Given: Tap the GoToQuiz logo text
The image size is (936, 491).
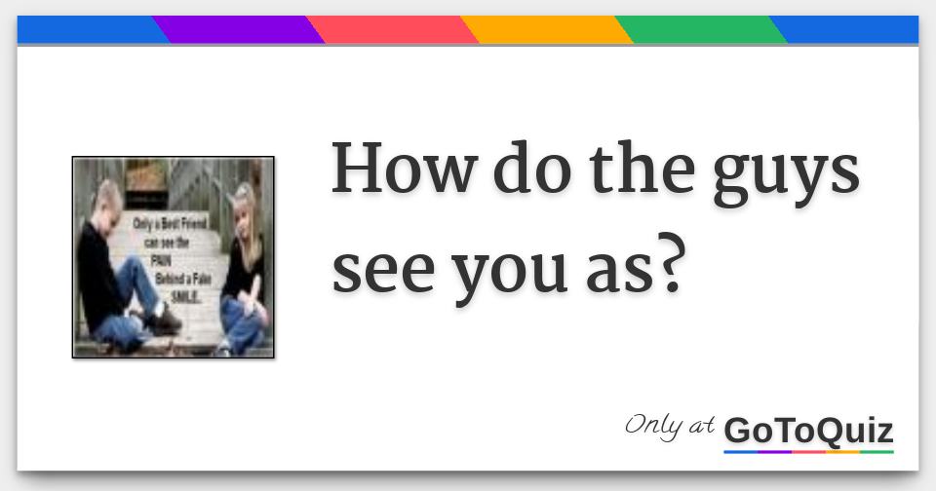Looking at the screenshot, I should pos(808,430).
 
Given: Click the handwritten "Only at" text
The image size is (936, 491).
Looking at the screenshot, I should pos(670,426).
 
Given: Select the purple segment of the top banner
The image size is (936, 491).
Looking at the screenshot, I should pos(239,29).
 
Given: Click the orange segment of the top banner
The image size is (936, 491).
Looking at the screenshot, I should pos(546,29).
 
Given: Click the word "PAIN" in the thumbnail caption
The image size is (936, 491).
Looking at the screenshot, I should pos(159,261).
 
